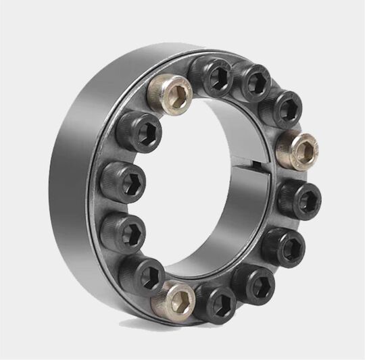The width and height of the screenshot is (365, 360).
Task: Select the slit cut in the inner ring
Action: point(260,165)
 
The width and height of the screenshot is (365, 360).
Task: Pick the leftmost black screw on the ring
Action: point(122,181)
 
